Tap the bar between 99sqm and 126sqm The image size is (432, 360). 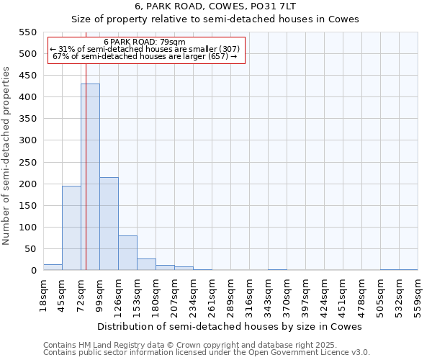tap(109, 224)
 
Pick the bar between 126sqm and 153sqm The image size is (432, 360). tap(127, 253)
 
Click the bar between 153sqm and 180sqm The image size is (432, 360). tap(146, 264)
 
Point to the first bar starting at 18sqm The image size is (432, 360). tap(53, 267)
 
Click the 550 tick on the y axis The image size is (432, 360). tap(27, 32)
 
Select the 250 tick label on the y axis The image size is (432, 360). tap(27, 163)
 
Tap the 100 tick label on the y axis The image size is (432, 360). tap(27, 228)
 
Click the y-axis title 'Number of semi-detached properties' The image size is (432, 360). tap(6, 156)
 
